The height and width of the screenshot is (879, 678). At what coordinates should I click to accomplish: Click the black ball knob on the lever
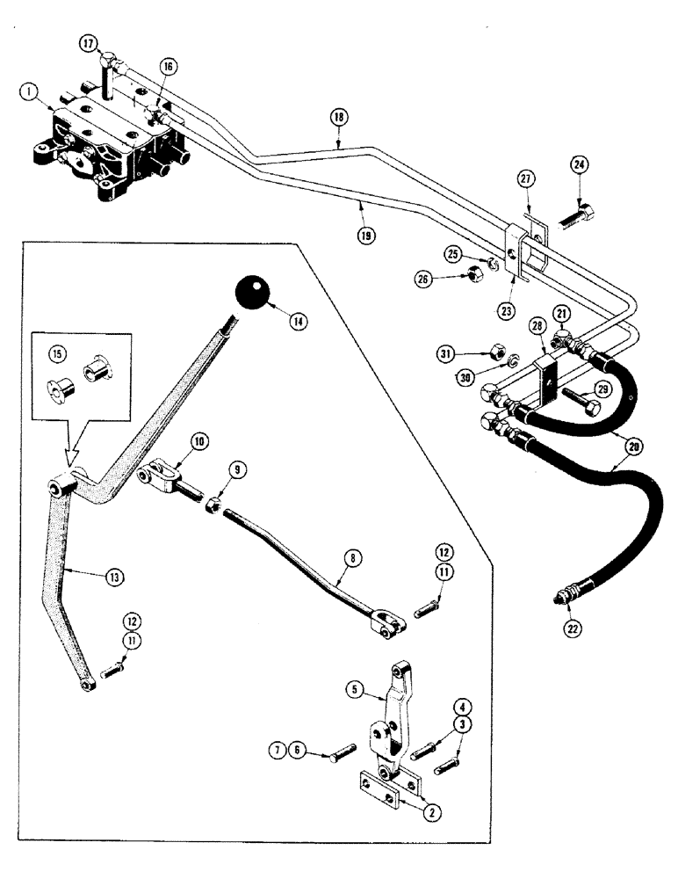[252, 294]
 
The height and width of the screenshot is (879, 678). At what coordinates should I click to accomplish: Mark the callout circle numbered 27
[524, 178]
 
